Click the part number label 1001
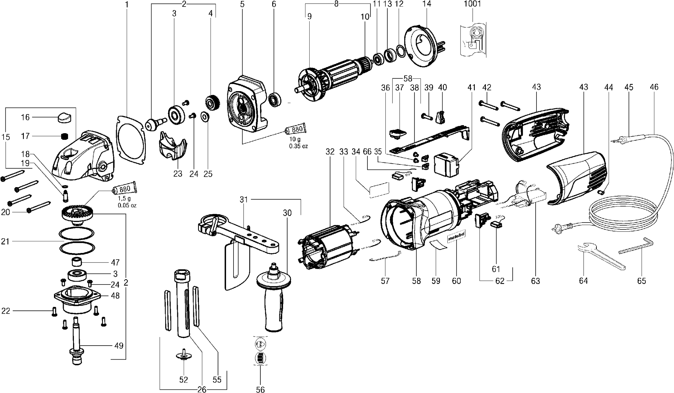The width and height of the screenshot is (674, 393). coord(472,4)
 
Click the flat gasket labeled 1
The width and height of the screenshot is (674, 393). coord(131,140)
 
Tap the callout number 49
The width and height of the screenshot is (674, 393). coord(119,346)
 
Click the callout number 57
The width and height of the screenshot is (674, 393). coord(385,281)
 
